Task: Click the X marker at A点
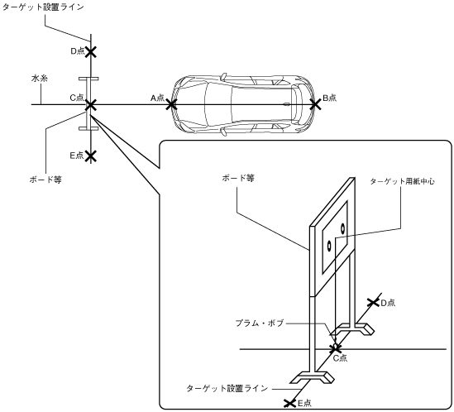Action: pos(171,104)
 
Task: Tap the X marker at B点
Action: pos(315,104)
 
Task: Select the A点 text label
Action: pos(157,98)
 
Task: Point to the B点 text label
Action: pos(329,98)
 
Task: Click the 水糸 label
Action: pos(40,79)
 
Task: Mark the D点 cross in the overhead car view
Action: pos(91,52)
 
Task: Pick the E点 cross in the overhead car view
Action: pos(91,156)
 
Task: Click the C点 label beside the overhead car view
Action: pos(77,98)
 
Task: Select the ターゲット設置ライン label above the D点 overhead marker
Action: pos(43,7)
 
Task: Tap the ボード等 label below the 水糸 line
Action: pos(45,180)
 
